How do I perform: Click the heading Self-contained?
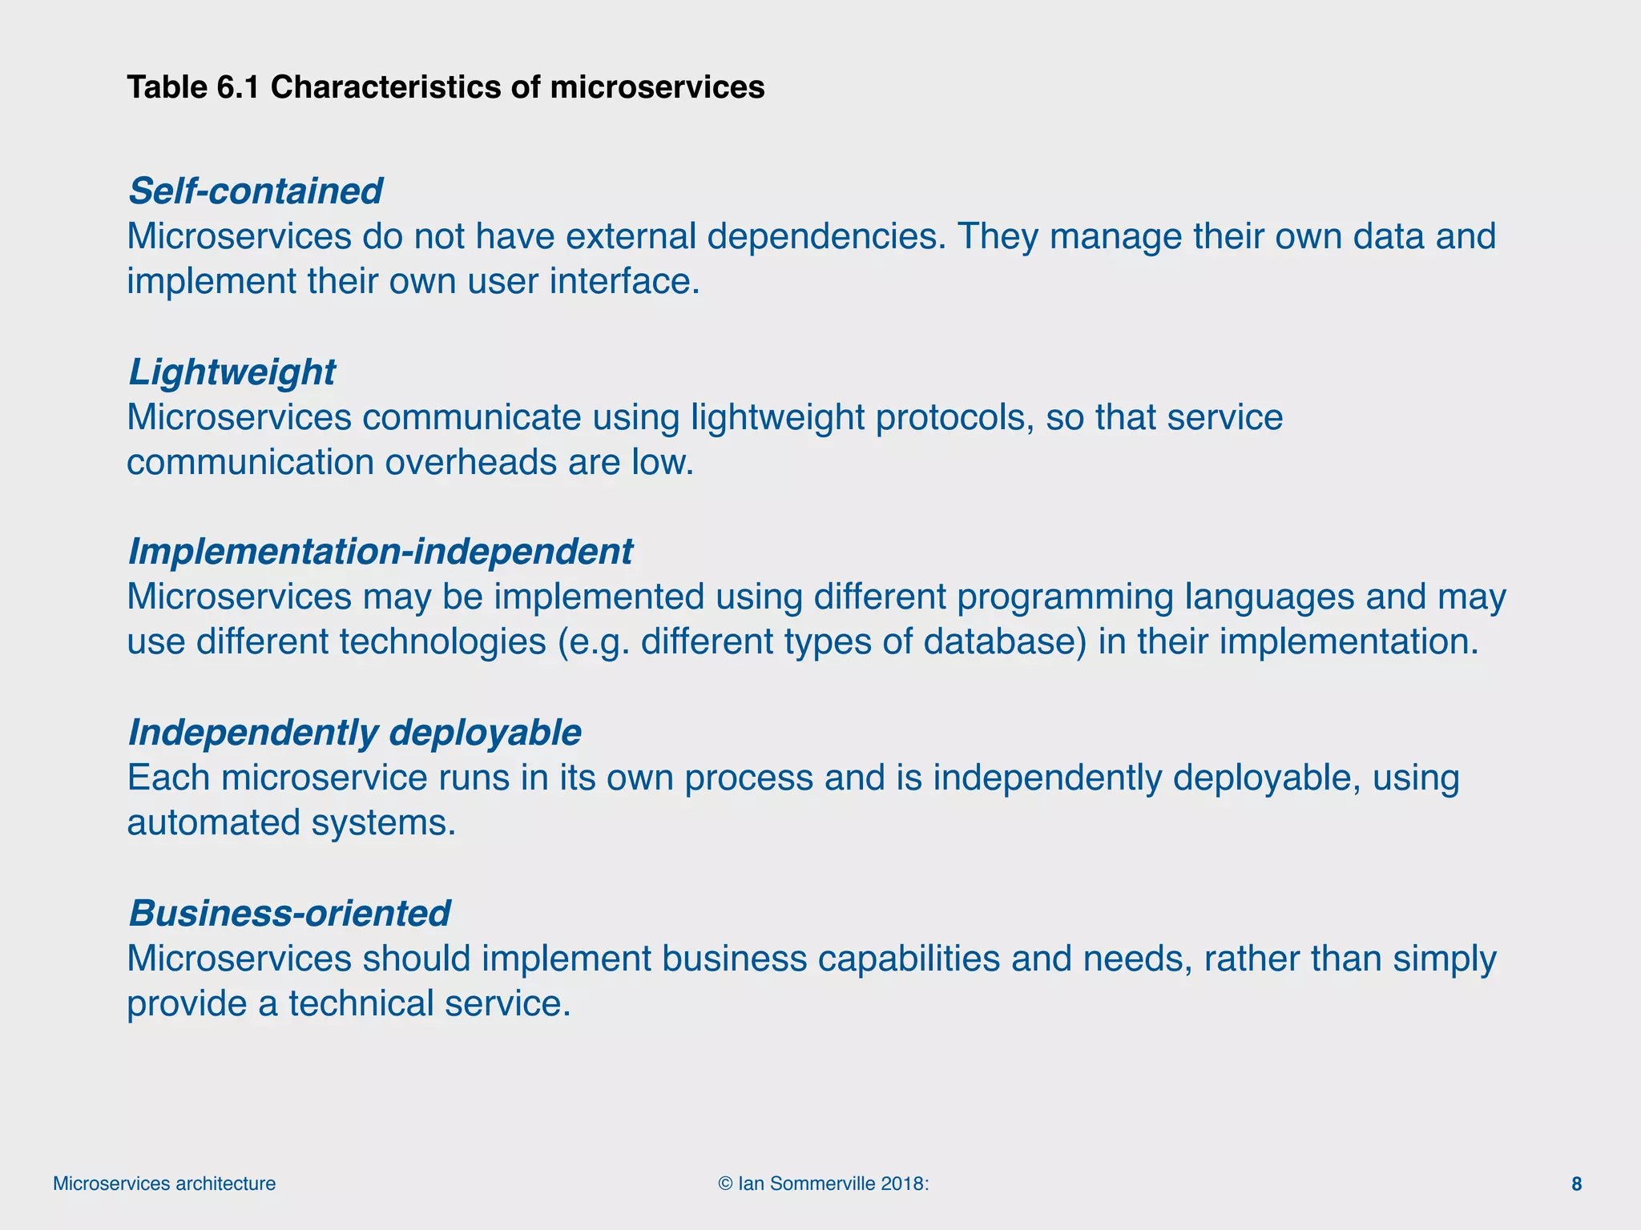255,191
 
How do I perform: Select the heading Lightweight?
232,372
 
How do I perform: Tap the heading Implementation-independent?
380,552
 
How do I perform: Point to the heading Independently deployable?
354,733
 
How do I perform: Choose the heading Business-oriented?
289,914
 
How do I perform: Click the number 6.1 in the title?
238,87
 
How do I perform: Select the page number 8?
1576,1184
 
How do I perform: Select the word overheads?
470,463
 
